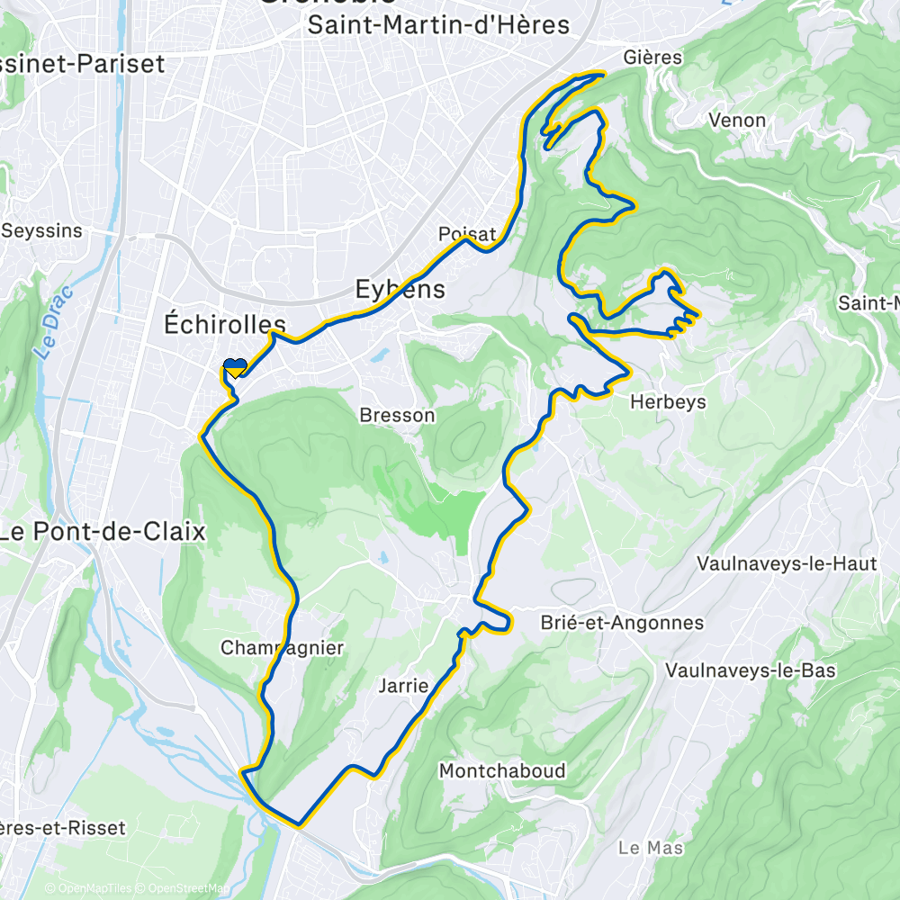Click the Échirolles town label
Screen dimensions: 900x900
click(x=224, y=324)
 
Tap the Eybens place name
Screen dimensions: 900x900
click(x=400, y=290)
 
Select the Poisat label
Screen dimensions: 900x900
click(x=467, y=234)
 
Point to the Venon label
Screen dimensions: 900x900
click(x=737, y=120)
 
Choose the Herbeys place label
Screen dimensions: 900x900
click(x=668, y=402)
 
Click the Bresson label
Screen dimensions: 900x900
click(x=397, y=416)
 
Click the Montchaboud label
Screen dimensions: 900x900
click(x=502, y=770)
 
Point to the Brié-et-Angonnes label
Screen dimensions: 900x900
click(x=622, y=623)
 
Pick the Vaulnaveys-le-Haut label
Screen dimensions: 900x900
click(x=787, y=564)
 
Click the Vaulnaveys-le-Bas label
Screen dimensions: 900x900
click(x=751, y=670)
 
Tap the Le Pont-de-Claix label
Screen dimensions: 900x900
click(x=102, y=531)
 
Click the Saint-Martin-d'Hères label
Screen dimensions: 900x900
click(x=438, y=25)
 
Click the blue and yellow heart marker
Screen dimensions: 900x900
click(x=235, y=367)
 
